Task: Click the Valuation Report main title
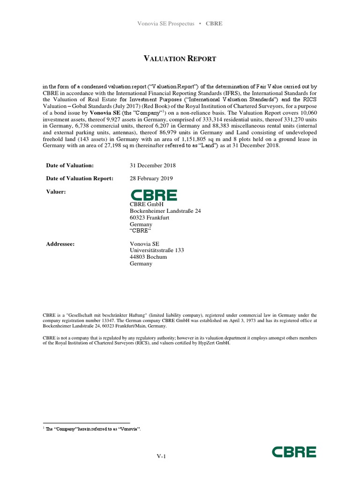pos(180,59)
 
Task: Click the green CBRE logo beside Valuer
pos(153,195)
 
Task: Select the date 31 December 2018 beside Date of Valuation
pos(153,165)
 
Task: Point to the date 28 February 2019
pos(151,179)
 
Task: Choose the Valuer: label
pos(56,192)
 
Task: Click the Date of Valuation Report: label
pos(79,179)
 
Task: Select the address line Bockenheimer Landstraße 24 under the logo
pos(165,211)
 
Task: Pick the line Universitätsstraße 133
pos(157,250)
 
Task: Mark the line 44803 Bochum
pos(148,257)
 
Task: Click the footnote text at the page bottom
pos(93,429)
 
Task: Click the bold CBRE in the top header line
pos(214,24)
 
